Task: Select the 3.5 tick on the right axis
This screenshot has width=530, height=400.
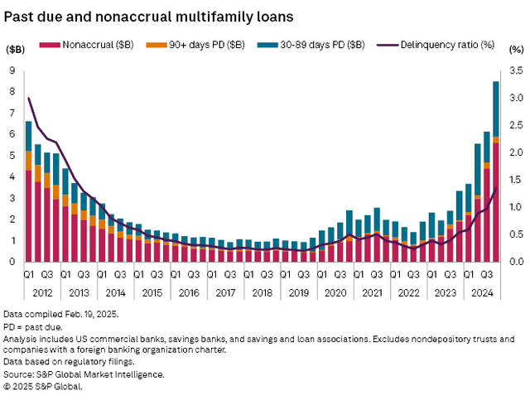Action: pyautogui.click(x=515, y=70)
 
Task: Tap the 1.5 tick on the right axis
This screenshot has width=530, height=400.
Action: pyautogui.click(x=515, y=180)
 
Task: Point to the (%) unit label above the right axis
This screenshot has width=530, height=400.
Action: pyautogui.click(x=516, y=50)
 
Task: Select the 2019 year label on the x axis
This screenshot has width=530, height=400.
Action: pyautogui.click(x=298, y=292)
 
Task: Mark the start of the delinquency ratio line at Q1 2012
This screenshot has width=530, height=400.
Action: pyautogui.click(x=29, y=99)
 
